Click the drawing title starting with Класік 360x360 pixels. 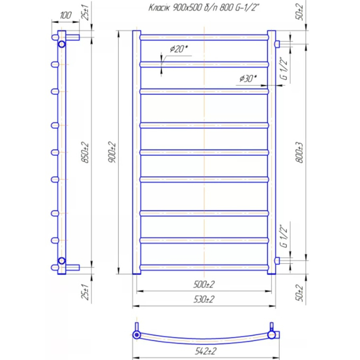click(204, 8)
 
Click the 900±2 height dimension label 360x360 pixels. click(112, 152)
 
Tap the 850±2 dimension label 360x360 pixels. click(85, 152)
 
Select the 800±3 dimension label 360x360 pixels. click(300, 152)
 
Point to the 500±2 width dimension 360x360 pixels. click(204, 285)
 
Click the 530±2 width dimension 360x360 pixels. click(204, 300)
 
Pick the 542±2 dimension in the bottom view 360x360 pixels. click(206, 351)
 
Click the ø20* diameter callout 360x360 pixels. click(179, 49)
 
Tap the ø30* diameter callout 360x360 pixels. click(248, 78)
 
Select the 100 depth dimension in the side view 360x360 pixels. click(66, 15)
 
